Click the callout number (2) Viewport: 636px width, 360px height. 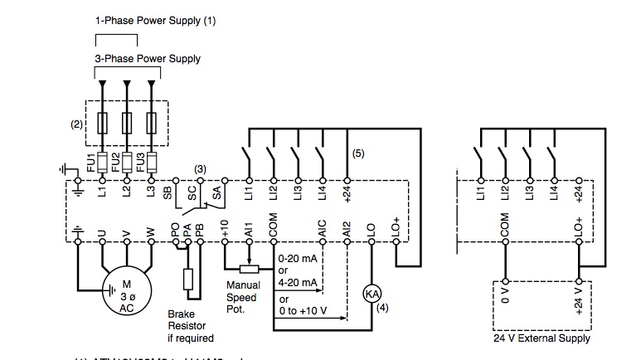point(75,124)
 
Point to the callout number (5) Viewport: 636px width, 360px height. point(358,153)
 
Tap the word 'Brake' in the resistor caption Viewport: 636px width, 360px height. point(182,314)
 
